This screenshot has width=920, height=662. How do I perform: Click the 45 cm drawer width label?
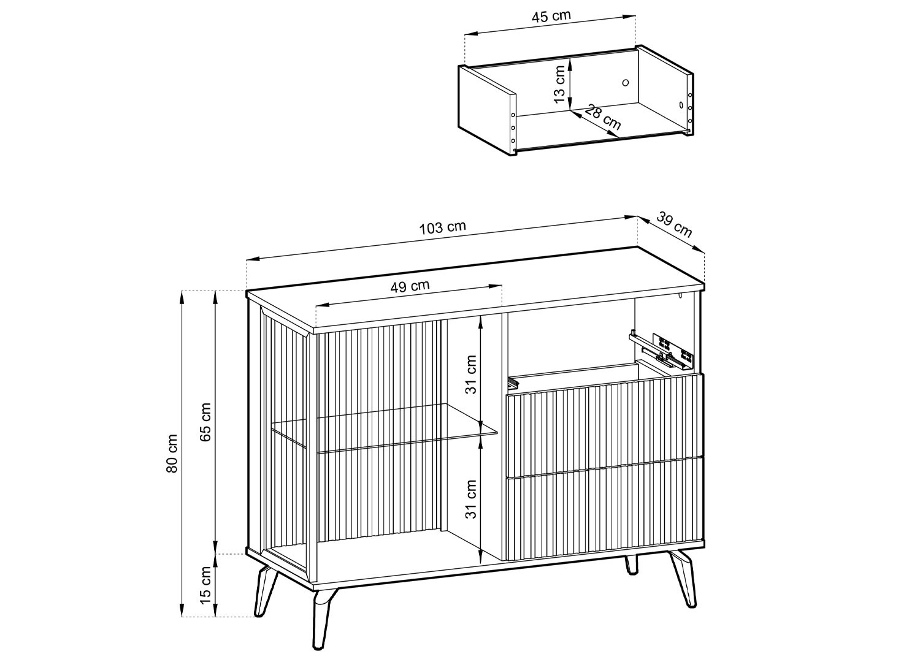click(551, 17)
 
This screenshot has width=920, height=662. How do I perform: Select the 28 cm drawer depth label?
click(602, 117)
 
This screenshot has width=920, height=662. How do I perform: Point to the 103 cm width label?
click(443, 228)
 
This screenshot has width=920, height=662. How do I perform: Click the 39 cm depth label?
click(674, 224)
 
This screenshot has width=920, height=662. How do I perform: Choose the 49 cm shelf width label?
click(410, 286)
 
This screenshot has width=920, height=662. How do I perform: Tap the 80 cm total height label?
click(172, 454)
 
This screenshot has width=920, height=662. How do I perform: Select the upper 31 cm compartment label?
click(471, 375)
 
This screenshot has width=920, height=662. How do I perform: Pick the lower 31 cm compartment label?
click(471, 499)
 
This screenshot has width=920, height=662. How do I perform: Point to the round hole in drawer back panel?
click(626, 83)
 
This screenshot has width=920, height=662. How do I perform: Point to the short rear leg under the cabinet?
click(631, 563)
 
